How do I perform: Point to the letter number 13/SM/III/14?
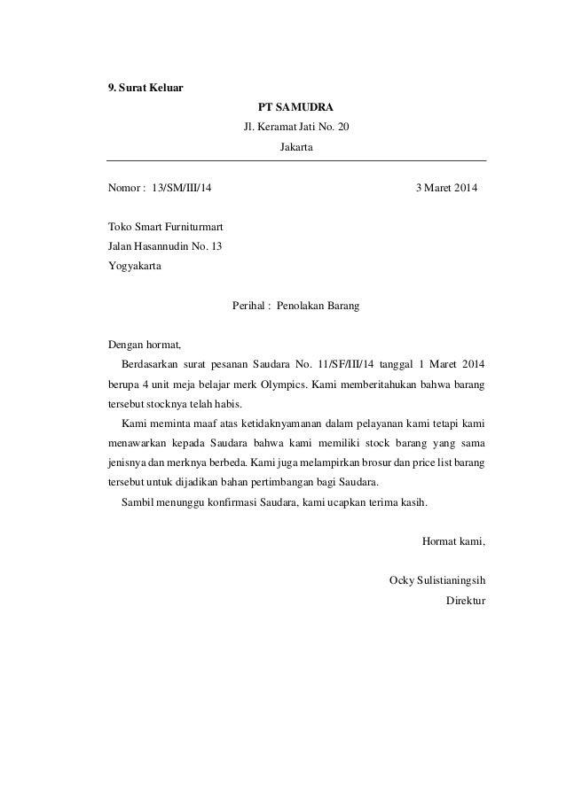pos(182,189)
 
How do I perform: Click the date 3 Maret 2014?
pos(446,189)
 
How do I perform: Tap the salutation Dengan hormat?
pos(144,344)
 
